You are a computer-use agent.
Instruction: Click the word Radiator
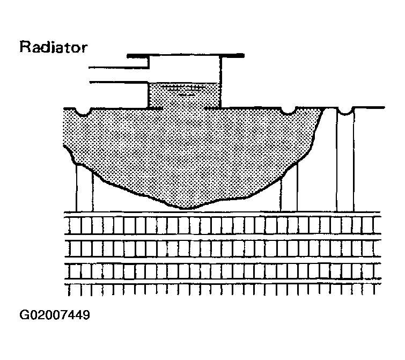[x=54, y=47]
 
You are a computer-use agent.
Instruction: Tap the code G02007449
[x=55, y=315]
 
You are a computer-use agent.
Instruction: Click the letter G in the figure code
[x=24, y=315]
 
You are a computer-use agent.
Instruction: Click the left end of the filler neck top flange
[x=128, y=56]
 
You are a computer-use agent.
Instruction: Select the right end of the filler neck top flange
[x=244, y=55]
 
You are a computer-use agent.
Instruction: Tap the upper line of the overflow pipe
[x=119, y=68]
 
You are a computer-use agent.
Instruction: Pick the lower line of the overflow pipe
[x=119, y=83]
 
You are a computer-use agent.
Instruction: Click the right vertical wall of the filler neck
[x=220, y=82]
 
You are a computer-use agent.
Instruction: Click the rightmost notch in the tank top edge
[x=345, y=112]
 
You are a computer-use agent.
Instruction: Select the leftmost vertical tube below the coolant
[x=84, y=188]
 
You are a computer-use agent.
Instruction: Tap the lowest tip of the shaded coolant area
[x=187, y=208]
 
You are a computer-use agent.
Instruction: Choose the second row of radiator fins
[x=223, y=248]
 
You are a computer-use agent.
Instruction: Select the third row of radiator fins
[x=223, y=271]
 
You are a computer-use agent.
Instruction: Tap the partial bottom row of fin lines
[x=223, y=290]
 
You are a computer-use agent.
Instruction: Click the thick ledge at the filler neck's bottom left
[x=155, y=108]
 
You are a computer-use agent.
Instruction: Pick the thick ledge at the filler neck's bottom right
[x=213, y=108]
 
